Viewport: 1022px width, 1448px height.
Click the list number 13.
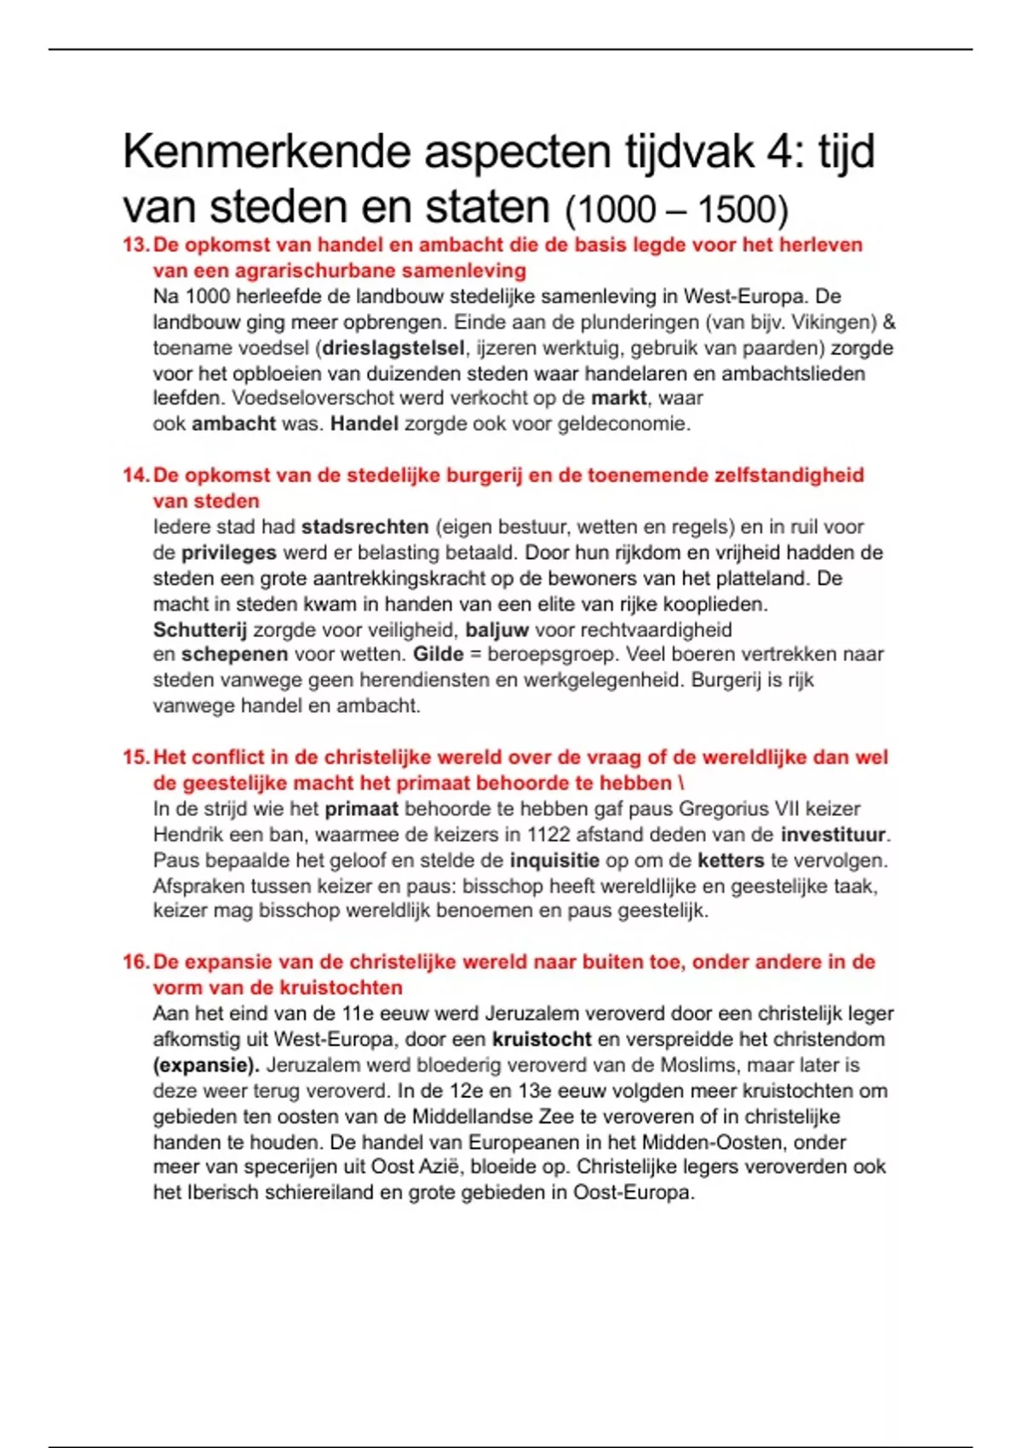[x=136, y=245]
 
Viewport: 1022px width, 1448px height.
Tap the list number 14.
[x=136, y=475]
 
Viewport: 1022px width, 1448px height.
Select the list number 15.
[x=136, y=757]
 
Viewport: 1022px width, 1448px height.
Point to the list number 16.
[x=136, y=962]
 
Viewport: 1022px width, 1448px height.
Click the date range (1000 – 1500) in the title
[x=676, y=210]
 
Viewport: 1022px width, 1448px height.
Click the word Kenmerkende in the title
[x=267, y=153]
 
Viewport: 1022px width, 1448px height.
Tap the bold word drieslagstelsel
[x=393, y=348]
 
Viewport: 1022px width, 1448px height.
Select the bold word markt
[x=619, y=398]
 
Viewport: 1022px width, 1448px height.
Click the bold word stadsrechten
[x=365, y=527]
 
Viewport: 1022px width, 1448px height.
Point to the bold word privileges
[x=229, y=553]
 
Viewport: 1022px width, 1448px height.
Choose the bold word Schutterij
[x=200, y=629]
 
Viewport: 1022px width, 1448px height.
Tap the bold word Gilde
[x=439, y=655]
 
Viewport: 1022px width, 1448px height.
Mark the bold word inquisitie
[x=554, y=860]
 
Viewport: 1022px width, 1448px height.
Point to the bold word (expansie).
[x=206, y=1066]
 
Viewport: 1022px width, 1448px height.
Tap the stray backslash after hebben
[x=680, y=783]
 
